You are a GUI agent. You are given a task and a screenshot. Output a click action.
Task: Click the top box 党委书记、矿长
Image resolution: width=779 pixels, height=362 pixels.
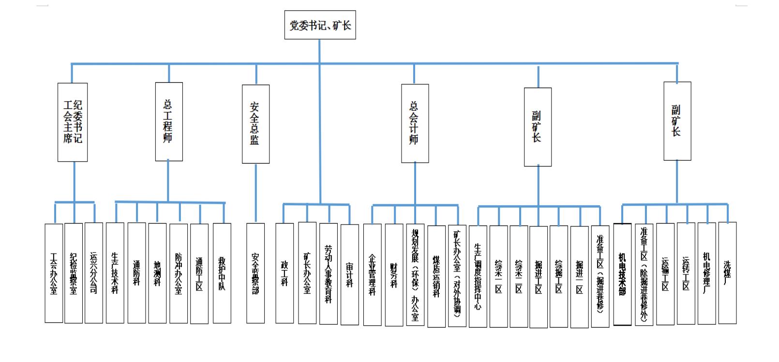(320, 25)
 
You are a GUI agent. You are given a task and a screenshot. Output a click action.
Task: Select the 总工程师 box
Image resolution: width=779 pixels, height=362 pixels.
(169, 121)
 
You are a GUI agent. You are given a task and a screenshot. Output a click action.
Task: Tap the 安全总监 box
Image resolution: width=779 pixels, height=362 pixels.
(255, 124)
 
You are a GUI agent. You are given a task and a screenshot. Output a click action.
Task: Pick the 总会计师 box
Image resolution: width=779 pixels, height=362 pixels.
(415, 123)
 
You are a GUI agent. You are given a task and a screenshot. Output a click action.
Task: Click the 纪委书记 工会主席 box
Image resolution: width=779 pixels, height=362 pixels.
(73, 122)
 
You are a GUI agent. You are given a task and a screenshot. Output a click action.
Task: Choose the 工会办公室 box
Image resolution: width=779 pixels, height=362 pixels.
(54, 273)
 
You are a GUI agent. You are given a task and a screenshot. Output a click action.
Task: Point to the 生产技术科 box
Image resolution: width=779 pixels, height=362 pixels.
(115, 273)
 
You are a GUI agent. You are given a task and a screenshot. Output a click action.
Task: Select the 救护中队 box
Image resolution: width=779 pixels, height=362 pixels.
(222, 273)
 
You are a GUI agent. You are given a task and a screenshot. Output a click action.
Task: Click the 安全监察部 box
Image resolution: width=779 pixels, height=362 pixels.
(255, 273)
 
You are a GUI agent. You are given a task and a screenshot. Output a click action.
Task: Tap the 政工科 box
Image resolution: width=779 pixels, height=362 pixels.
(285, 273)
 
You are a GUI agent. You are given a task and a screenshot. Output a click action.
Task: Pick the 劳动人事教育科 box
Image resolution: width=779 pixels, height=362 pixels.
(329, 273)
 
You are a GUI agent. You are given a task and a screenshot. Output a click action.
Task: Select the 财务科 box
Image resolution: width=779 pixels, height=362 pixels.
(394, 275)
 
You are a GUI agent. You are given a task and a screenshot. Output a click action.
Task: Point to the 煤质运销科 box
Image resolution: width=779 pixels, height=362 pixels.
(436, 276)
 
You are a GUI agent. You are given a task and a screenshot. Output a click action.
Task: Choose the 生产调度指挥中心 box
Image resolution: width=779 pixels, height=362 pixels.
(478, 276)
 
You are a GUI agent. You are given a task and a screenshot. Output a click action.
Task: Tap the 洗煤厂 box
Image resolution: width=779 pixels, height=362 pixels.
(727, 273)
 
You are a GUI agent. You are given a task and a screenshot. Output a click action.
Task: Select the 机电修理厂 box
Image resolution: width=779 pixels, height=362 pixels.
(706, 273)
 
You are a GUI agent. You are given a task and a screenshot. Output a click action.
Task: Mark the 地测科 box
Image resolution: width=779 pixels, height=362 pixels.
(157, 273)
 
